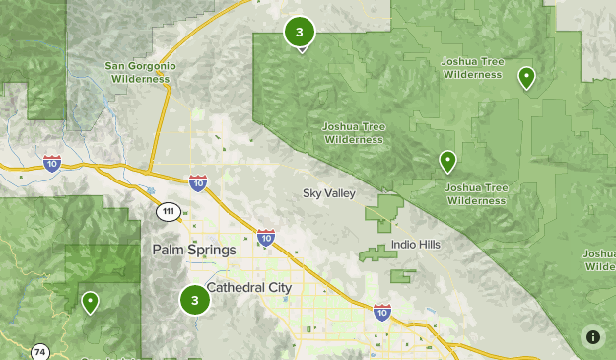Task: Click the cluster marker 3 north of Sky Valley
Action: (x=299, y=33)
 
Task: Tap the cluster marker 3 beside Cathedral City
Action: (x=195, y=301)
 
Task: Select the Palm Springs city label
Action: (x=194, y=250)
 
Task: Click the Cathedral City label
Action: (x=249, y=287)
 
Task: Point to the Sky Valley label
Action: (x=328, y=193)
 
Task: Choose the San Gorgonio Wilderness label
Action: (x=141, y=72)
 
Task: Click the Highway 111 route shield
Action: (x=169, y=211)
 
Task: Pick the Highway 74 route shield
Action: (x=40, y=351)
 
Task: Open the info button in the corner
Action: (x=592, y=336)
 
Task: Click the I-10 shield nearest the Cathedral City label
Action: (x=265, y=237)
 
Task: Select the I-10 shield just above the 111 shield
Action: (x=198, y=182)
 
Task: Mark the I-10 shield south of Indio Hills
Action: (x=381, y=313)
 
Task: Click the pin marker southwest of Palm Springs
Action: (x=90, y=301)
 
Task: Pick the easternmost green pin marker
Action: (x=527, y=77)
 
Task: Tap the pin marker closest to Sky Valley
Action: (x=447, y=160)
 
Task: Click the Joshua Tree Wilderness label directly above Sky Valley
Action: (x=353, y=132)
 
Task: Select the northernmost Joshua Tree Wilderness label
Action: (x=472, y=67)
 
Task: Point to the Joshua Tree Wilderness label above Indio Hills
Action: (x=476, y=193)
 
